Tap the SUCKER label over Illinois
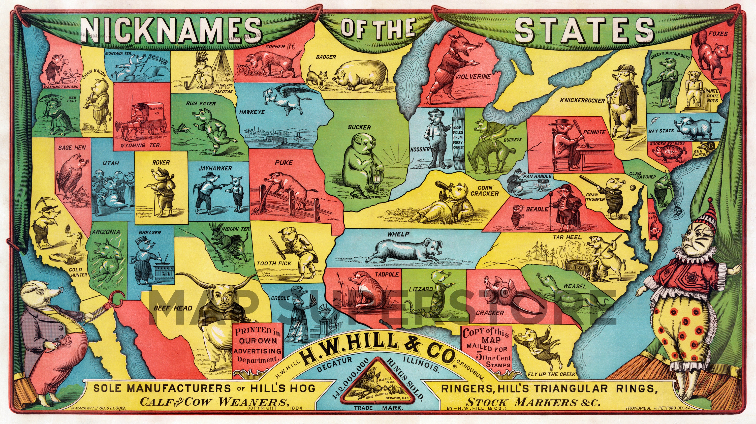(359, 127)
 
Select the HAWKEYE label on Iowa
(251, 112)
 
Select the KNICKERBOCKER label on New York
(582, 100)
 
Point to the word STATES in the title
(584, 31)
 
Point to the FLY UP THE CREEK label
(551, 374)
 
